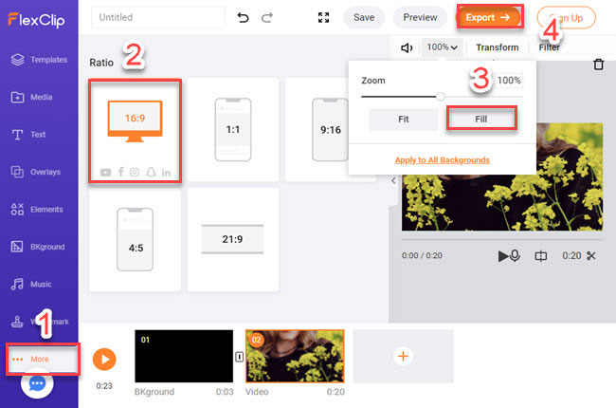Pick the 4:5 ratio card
tap(134, 238)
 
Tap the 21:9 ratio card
tap(232, 238)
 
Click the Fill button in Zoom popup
tap(480, 119)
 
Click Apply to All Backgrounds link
tap(442, 159)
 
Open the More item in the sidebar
tap(39, 360)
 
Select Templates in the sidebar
tap(39, 60)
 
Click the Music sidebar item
tap(39, 284)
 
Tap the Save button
tap(363, 17)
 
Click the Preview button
tap(420, 17)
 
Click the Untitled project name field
tap(158, 17)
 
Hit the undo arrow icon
tap(243, 17)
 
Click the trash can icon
tap(598, 65)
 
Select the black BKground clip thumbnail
tap(184, 356)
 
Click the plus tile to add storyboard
tap(402, 356)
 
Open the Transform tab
tap(497, 47)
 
